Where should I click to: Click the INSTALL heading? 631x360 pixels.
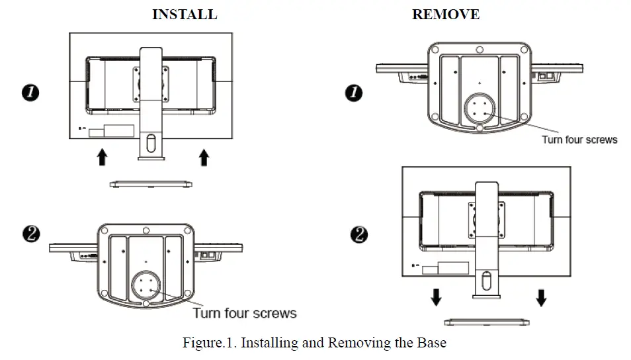click(x=184, y=14)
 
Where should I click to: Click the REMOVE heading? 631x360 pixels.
click(x=445, y=14)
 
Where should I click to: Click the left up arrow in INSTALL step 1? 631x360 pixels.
click(x=101, y=157)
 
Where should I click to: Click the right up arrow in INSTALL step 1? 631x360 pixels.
click(x=204, y=157)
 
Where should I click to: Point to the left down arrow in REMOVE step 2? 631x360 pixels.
click(x=435, y=298)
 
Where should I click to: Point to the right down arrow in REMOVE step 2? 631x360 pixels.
click(x=541, y=298)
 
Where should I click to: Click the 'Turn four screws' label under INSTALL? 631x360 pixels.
click(x=244, y=312)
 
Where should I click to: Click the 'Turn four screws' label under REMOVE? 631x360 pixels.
click(x=579, y=139)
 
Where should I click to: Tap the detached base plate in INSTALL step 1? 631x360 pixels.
click(x=152, y=183)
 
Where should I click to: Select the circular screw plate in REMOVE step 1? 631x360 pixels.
click(x=479, y=107)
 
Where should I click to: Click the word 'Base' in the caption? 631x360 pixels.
click(x=432, y=343)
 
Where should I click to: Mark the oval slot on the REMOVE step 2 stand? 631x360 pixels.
click(x=486, y=281)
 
